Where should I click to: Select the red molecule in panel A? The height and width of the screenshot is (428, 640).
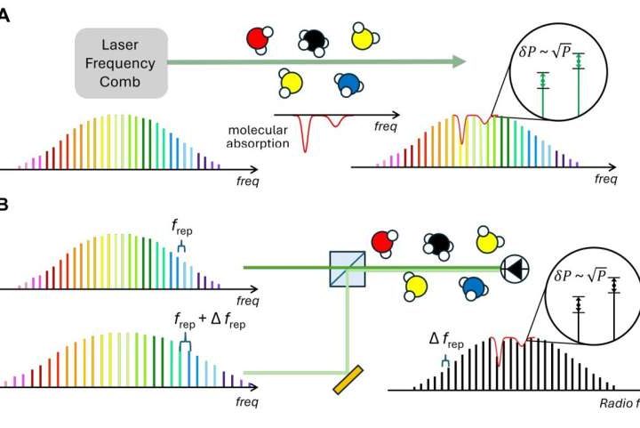coord(257,39)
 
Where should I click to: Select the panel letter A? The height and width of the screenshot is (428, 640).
coord(4,16)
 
